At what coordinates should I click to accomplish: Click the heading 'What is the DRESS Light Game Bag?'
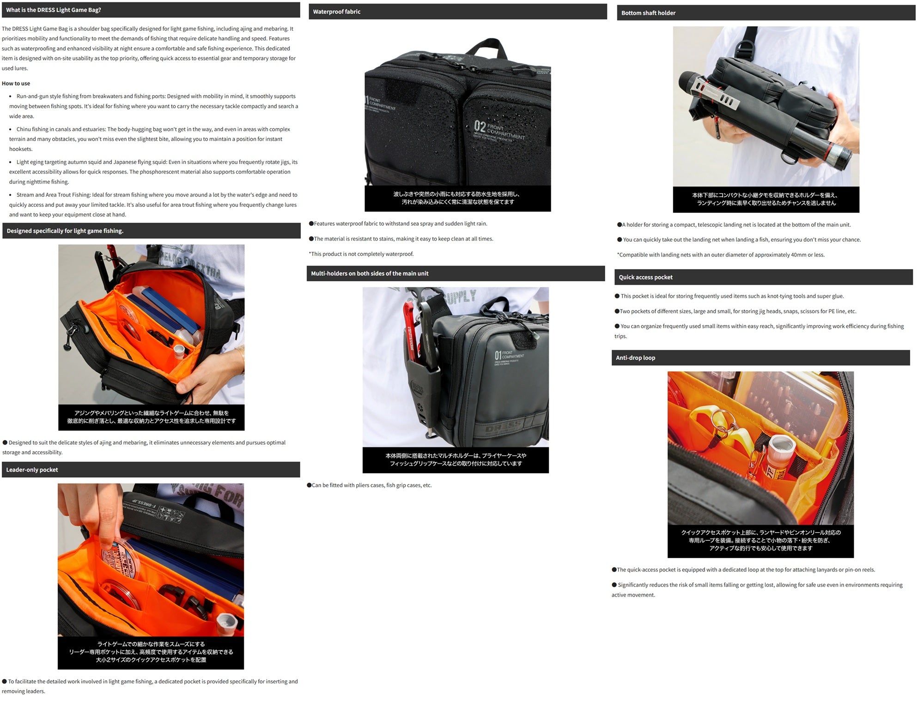54,10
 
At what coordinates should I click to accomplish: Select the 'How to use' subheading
16,84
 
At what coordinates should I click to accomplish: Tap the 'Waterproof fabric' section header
336,12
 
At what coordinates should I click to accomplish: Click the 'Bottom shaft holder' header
648,13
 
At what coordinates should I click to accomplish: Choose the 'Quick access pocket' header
645,277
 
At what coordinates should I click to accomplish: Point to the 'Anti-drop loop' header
635,357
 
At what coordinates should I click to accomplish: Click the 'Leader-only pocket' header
32,470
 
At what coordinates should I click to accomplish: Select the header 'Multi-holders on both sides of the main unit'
370,273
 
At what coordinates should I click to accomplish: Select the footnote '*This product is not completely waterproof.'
361,254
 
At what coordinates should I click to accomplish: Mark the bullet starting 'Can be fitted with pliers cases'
370,485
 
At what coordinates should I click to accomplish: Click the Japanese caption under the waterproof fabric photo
457,198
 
